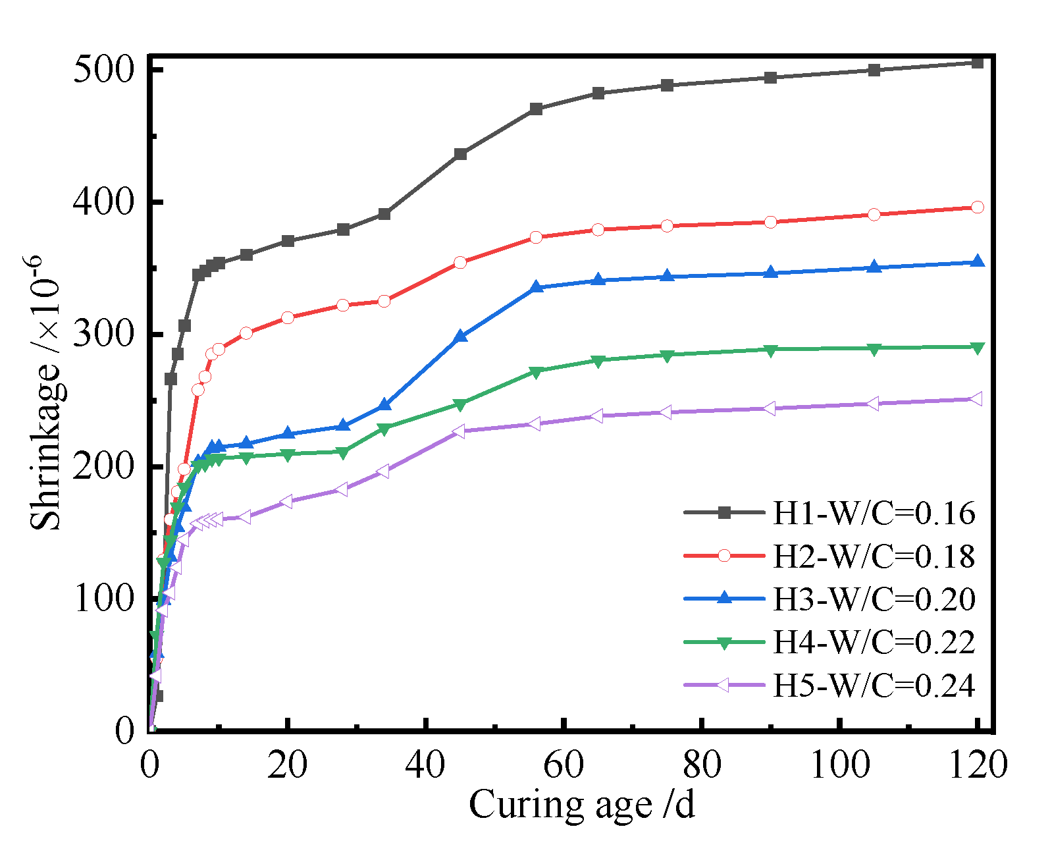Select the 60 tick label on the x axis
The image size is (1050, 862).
pos(564,765)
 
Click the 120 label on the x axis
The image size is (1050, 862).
pos(978,765)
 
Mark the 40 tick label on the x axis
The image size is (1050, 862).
pos(426,765)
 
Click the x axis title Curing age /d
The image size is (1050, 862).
pos(582,805)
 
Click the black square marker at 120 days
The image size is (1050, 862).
pos(978,63)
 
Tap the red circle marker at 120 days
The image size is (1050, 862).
pos(978,207)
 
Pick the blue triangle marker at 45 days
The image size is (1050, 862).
pos(461,337)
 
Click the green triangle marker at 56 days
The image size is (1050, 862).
pos(536,372)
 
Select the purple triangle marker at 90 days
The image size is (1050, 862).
pos(770,409)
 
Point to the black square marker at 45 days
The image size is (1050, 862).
pos(461,154)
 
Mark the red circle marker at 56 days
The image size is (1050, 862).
pos(536,237)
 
